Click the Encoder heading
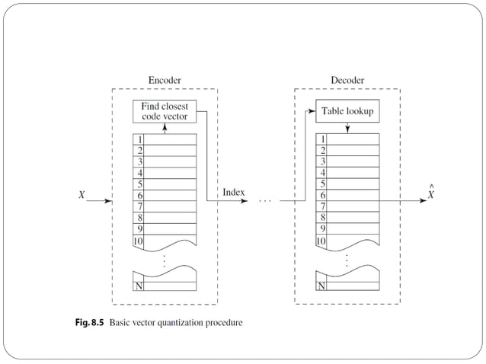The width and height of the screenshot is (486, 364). pyautogui.click(x=165, y=80)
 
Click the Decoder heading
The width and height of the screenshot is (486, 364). pyautogui.click(x=347, y=80)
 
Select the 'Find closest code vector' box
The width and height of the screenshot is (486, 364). pyautogui.click(x=165, y=111)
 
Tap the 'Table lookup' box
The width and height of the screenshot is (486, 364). pyautogui.click(x=347, y=111)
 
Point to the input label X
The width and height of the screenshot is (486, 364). pyautogui.click(x=82, y=195)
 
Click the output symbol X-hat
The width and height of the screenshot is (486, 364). pyautogui.click(x=431, y=193)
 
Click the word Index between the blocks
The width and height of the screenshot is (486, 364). pyautogui.click(x=233, y=193)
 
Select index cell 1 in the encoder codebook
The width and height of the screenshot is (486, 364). pyautogui.click(x=139, y=139)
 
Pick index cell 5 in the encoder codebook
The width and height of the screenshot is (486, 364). pyautogui.click(x=139, y=184)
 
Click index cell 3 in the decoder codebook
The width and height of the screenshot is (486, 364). pyautogui.click(x=321, y=161)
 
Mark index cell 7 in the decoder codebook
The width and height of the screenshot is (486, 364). pyautogui.click(x=321, y=206)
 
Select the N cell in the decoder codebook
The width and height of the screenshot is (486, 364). pyautogui.click(x=321, y=286)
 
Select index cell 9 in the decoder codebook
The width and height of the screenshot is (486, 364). pyautogui.click(x=321, y=228)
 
